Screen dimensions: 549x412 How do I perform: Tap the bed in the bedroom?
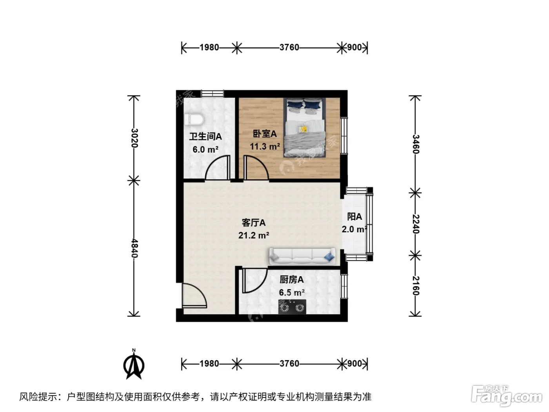pyautogui.click(x=304, y=128)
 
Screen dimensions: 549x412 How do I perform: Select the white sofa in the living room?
pyautogui.click(x=302, y=256)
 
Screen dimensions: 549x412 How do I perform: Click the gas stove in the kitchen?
pyautogui.click(x=292, y=307)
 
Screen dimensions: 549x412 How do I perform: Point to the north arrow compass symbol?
pyautogui.click(x=134, y=365)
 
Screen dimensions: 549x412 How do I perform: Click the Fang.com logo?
pyautogui.click(x=507, y=396)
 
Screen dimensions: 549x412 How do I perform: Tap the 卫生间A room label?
pyautogui.click(x=205, y=137)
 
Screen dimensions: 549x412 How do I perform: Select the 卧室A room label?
pyautogui.click(x=265, y=134)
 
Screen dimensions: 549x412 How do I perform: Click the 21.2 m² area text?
pyautogui.click(x=254, y=235)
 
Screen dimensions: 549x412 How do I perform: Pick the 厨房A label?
pyautogui.click(x=292, y=280)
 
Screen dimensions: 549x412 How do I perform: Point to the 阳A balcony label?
pyautogui.click(x=354, y=217)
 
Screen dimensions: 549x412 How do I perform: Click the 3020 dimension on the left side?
pyautogui.click(x=135, y=138)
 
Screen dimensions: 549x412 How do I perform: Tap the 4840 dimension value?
pyautogui.click(x=135, y=248)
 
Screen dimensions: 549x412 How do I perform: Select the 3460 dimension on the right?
pyautogui.click(x=415, y=144)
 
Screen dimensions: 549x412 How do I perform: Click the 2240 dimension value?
pyautogui.click(x=415, y=224)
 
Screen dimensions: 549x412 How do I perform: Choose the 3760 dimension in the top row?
pyautogui.click(x=289, y=47)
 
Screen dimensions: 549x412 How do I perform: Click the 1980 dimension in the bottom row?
pyautogui.click(x=209, y=363)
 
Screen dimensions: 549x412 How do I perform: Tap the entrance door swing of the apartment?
pyautogui.click(x=195, y=295)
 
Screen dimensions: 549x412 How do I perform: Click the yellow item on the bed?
pyautogui.click(x=304, y=129)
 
